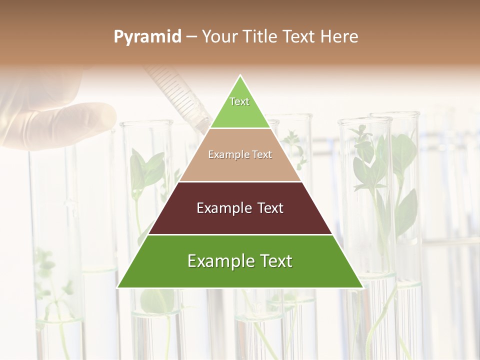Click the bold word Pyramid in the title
[147, 37]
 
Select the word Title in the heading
[260, 37]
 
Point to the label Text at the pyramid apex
[239, 101]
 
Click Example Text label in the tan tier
[240, 154]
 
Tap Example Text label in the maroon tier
[240, 208]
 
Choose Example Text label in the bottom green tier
[240, 261]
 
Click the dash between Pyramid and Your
[191, 37]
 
